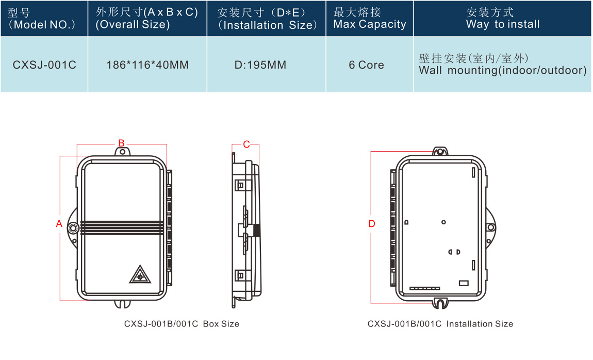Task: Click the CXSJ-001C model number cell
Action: click(44, 65)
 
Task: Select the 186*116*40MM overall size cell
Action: click(147, 65)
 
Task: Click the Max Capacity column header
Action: click(369, 19)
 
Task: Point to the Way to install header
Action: click(503, 19)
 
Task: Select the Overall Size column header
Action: click(147, 19)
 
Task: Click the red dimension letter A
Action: click(59, 224)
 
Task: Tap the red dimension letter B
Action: click(122, 143)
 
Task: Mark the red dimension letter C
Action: click(246, 144)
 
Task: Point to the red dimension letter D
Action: click(372, 224)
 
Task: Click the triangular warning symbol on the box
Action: click(140, 275)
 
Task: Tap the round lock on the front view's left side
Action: click(73, 227)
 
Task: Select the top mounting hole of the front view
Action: click(123, 152)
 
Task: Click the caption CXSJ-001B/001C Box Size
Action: click(182, 324)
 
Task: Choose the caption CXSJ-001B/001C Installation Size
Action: click(440, 324)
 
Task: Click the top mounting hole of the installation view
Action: click(440, 152)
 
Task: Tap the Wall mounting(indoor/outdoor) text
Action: click(503, 71)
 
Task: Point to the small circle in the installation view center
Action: click(443, 222)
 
